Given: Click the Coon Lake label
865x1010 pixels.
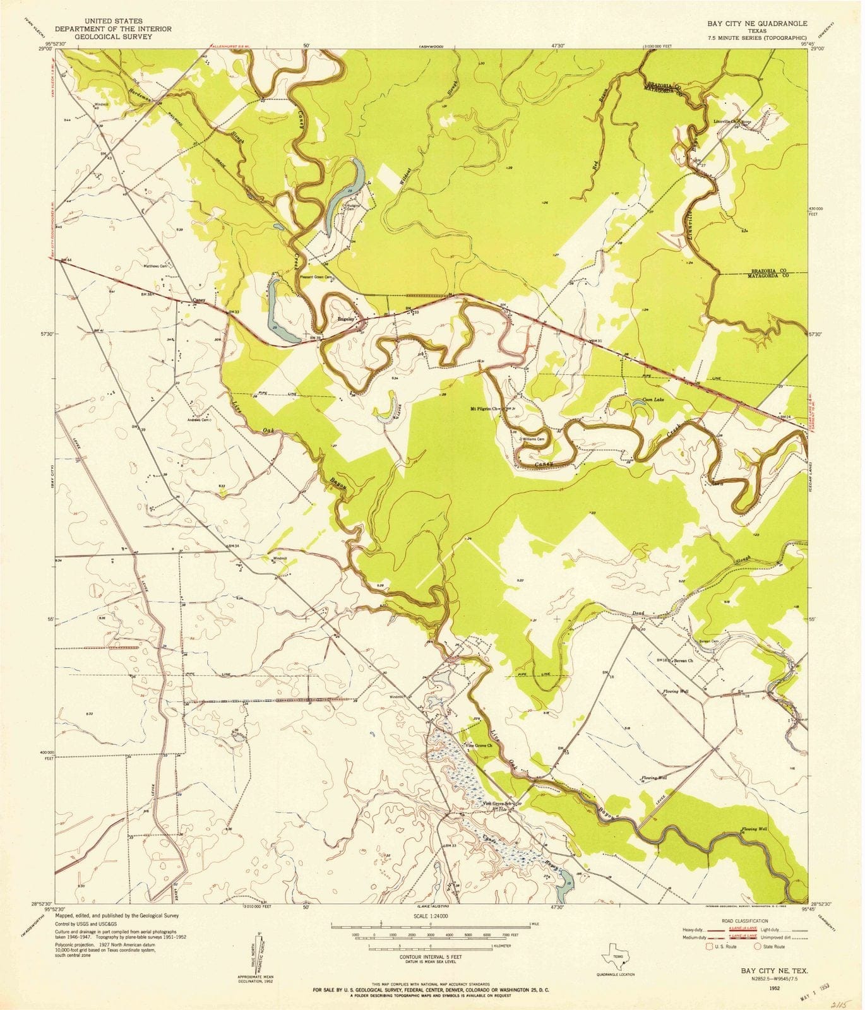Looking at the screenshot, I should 653,399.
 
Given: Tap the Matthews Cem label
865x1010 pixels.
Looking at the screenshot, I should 158,266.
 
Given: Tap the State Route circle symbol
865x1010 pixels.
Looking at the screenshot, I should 758,946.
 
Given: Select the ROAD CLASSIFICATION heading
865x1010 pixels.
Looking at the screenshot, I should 747,921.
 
